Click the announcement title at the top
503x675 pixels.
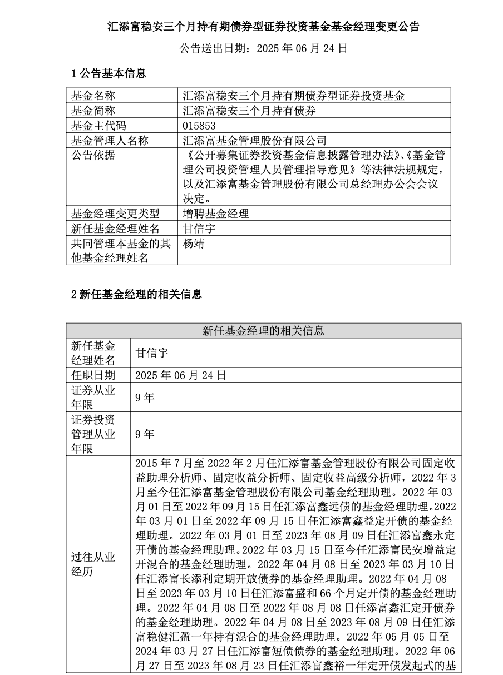[263, 26]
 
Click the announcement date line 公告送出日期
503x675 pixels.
[263, 49]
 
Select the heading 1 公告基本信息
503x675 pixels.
[109, 73]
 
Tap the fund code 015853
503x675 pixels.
[199, 126]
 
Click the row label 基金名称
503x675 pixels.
[93, 96]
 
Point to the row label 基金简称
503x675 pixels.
[93, 111]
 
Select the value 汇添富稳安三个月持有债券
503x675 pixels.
[249, 111]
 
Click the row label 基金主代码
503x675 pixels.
[98, 126]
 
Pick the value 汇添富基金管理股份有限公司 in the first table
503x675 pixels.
[254, 141]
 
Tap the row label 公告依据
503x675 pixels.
[93, 156]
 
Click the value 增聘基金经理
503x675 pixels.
[215, 214]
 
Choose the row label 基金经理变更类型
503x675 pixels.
[115, 214]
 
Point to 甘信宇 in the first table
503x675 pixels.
[199, 229]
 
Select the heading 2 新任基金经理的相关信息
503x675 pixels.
[136, 295]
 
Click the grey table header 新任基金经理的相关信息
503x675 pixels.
[263, 331]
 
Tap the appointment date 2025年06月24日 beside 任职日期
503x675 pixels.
[180, 375]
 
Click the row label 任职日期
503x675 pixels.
[93, 375]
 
